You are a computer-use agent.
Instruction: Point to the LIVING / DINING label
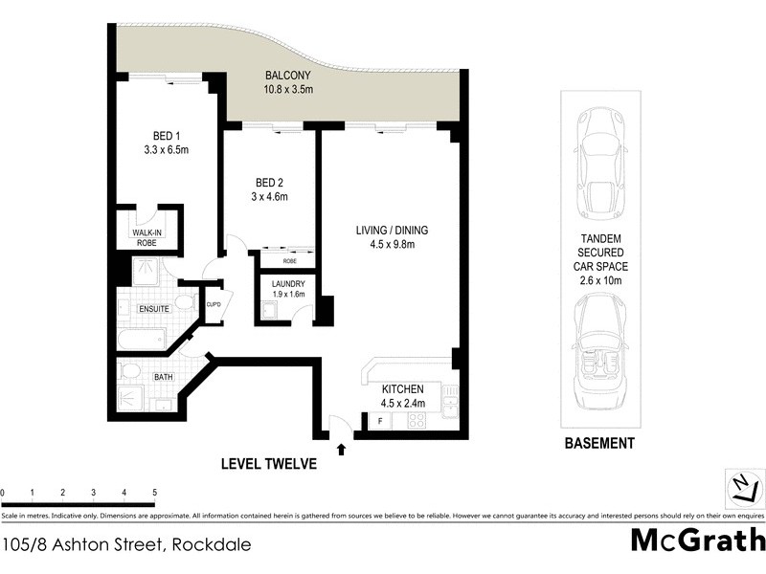(392, 230)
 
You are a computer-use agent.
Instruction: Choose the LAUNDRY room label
(287, 284)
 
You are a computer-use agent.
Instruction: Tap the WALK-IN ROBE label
(146, 237)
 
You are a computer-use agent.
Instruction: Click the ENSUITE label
(153, 309)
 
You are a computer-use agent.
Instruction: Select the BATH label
(164, 377)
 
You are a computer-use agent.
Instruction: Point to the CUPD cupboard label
(214, 305)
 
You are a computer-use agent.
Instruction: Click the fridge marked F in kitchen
(380, 421)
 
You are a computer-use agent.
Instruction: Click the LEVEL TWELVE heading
(269, 464)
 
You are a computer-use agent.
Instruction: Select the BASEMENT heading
(598, 443)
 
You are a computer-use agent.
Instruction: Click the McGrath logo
(697, 541)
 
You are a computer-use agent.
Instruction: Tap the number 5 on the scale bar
(154, 492)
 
